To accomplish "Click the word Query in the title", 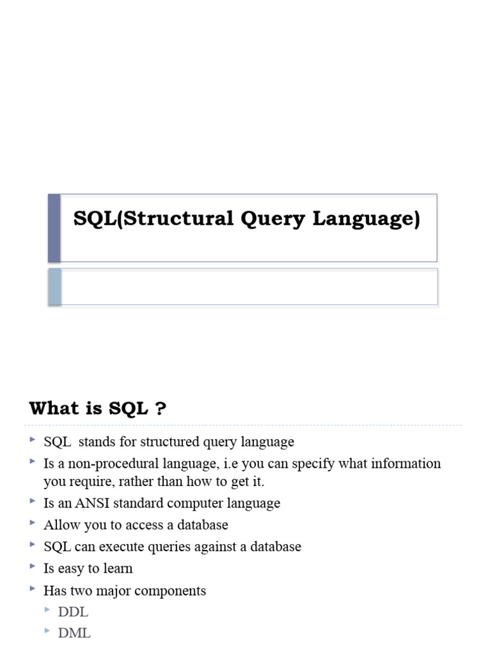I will click(x=273, y=220).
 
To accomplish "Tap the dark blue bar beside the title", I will click(x=54, y=228).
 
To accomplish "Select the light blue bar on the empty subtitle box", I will click(x=54, y=287).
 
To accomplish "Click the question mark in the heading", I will click(x=161, y=409).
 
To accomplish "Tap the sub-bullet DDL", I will click(x=73, y=612).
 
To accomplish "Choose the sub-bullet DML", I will click(x=74, y=633).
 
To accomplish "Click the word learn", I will click(x=117, y=568).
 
